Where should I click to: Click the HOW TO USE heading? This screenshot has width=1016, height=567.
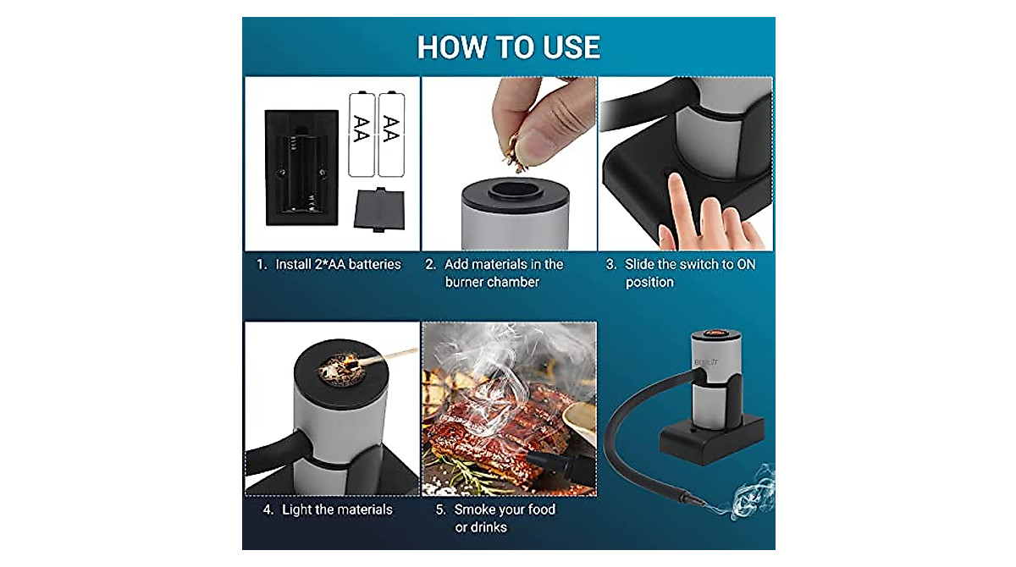509,47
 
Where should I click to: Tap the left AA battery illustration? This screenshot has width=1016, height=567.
362,134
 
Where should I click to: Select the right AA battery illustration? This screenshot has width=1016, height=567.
391,134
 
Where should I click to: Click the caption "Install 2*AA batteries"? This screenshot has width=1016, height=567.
329,264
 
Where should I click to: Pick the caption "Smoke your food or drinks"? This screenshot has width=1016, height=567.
505,518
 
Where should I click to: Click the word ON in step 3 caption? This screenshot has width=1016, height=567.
746,264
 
